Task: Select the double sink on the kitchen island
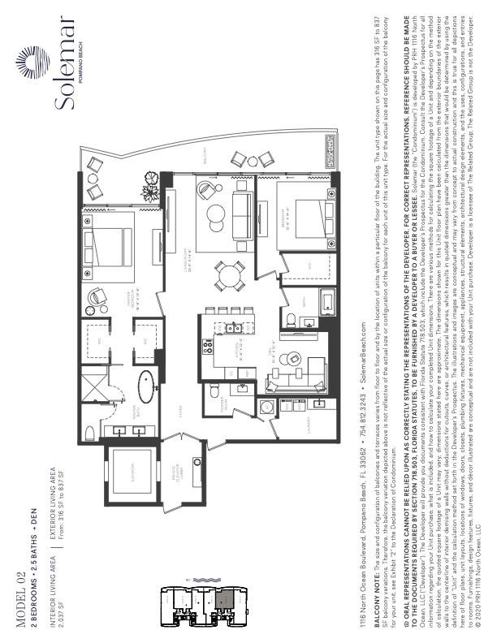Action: coord(233,328)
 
